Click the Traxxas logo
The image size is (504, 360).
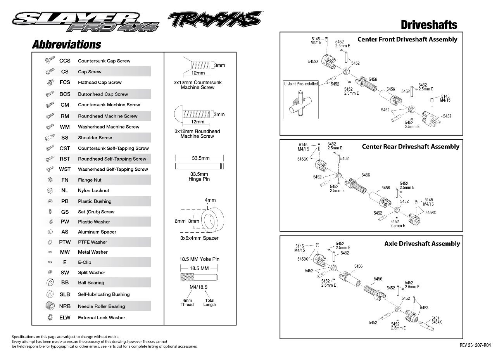point(215,19)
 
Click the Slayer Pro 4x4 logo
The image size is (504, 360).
point(86,22)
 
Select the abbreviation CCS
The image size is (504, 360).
point(65,61)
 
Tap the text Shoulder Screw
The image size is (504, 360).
point(95,138)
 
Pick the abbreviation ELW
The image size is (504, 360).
point(65,317)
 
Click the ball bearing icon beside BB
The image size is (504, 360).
point(50,282)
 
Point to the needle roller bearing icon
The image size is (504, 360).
point(50,306)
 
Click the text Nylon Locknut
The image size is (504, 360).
point(93,190)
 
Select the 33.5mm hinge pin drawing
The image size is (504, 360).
point(199,166)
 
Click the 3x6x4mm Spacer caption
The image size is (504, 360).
point(199,238)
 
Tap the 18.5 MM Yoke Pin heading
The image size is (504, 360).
point(199,259)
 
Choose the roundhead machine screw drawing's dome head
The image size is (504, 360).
point(178,114)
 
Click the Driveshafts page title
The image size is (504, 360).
point(429,25)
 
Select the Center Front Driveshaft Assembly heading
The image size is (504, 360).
point(407,40)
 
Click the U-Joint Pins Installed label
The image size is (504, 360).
point(301,84)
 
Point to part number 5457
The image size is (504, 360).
point(447,116)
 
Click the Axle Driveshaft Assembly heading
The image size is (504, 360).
point(422,244)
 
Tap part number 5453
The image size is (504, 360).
point(424,308)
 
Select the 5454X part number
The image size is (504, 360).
point(437,322)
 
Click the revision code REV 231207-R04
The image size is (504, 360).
point(475,345)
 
